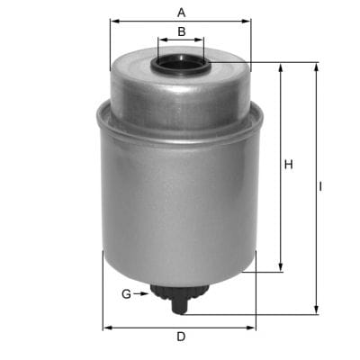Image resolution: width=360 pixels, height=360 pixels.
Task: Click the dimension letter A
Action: [x=181, y=13]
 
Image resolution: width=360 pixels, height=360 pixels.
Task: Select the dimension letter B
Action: [x=181, y=31]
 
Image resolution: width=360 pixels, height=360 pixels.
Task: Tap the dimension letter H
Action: [x=289, y=165]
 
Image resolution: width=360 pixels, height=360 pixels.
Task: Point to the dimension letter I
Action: [x=321, y=188]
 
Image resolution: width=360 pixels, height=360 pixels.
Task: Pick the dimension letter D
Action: [x=180, y=337]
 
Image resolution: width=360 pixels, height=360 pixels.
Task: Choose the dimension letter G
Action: [x=126, y=294]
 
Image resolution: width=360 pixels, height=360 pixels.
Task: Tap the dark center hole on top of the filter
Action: [x=180, y=65]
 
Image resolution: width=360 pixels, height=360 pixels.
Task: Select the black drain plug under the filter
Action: [x=180, y=298]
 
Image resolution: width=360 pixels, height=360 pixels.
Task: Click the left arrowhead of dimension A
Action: [x=113, y=22]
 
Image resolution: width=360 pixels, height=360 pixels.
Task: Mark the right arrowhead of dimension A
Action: [x=247, y=22]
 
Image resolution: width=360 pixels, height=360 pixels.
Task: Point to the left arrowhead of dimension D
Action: [x=106, y=328]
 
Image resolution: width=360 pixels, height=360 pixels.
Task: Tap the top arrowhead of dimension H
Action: [x=282, y=67]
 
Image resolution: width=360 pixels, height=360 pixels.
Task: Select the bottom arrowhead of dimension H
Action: [x=282, y=267]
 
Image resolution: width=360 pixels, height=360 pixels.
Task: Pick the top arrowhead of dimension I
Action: [x=315, y=67]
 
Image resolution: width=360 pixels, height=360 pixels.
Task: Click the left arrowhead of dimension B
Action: [x=161, y=40]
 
